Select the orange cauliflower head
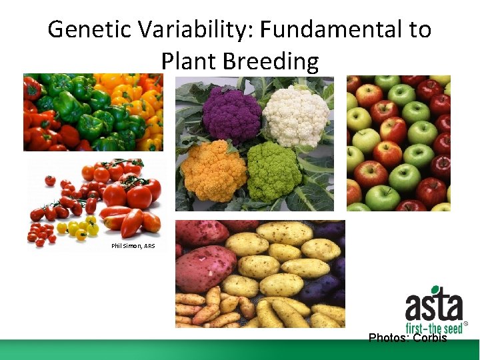[x=214, y=170]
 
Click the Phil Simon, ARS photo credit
[x=133, y=246]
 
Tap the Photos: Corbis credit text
[x=407, y=338]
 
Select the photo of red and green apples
[x=398, y=143]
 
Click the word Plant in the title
[x=190, y=61]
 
